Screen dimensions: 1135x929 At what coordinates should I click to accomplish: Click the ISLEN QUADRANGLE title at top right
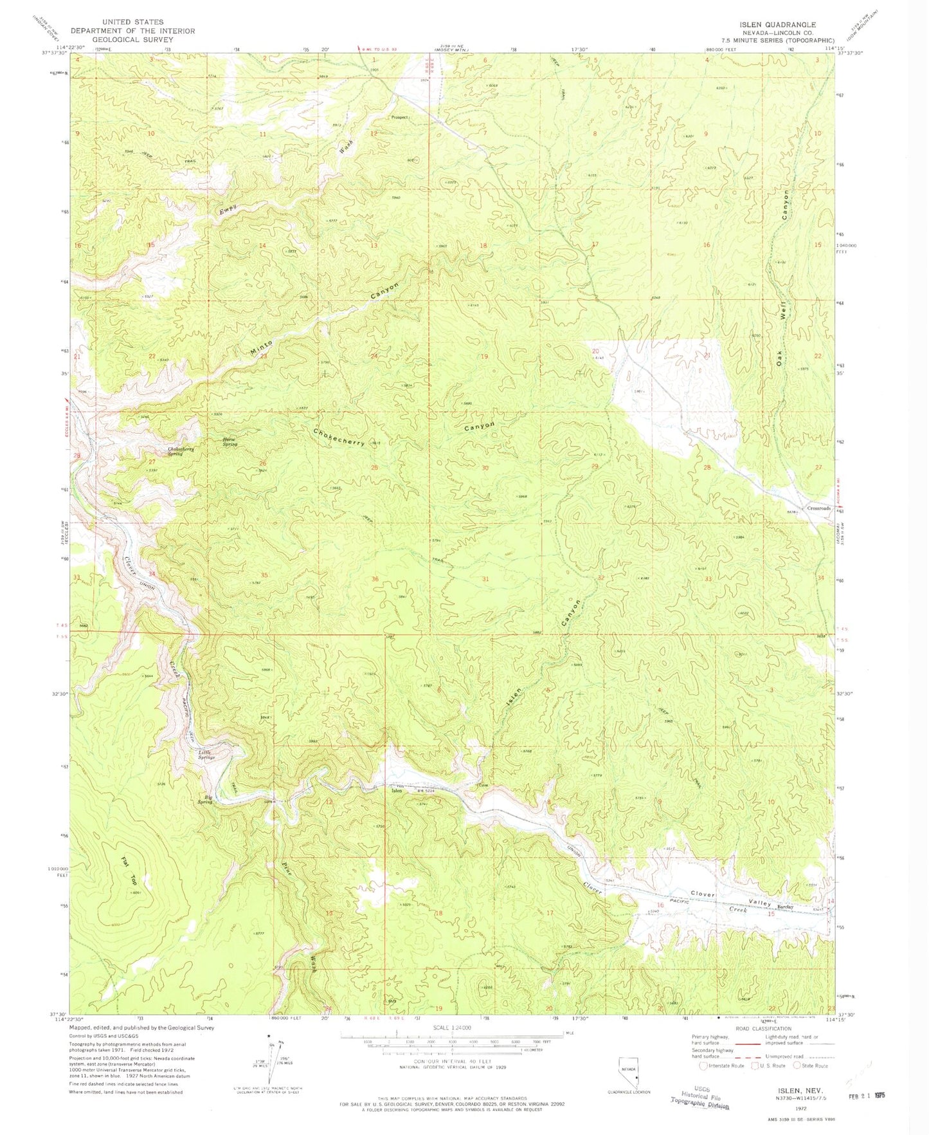point(777,24)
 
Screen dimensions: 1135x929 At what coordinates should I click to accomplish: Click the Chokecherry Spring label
point(181,451)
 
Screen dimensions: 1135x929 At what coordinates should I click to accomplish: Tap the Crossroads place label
point(819,508)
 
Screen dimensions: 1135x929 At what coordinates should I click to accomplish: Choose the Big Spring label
point(205,800)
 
